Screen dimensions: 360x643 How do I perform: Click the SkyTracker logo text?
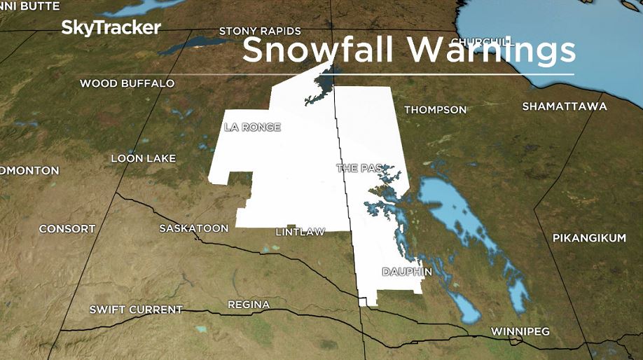tap(111, 28)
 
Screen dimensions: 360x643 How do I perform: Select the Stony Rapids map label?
tap(260, 32)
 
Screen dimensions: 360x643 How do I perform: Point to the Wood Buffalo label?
tap(127, 83)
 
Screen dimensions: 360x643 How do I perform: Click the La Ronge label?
tap(252, 127)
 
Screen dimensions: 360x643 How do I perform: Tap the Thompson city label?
tap(435, 110)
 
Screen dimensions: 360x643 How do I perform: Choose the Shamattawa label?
tap(565, 106)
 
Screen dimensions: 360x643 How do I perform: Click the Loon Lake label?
tap(143, 158)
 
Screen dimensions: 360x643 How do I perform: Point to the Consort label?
tap(67, 229)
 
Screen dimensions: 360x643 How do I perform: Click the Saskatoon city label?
tap(194, 228)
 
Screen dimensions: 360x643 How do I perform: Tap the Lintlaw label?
tap(300, 232)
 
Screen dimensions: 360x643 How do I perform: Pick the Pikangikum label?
tap(589, 238)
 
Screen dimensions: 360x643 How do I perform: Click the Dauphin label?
tap(407, 271)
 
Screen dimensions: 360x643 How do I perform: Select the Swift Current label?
tap(136, 310)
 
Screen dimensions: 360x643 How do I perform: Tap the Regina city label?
tap(248, 305)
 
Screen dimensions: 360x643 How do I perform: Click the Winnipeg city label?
tap(520, 331)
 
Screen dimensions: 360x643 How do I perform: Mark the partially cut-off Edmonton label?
tap(29, 170)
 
